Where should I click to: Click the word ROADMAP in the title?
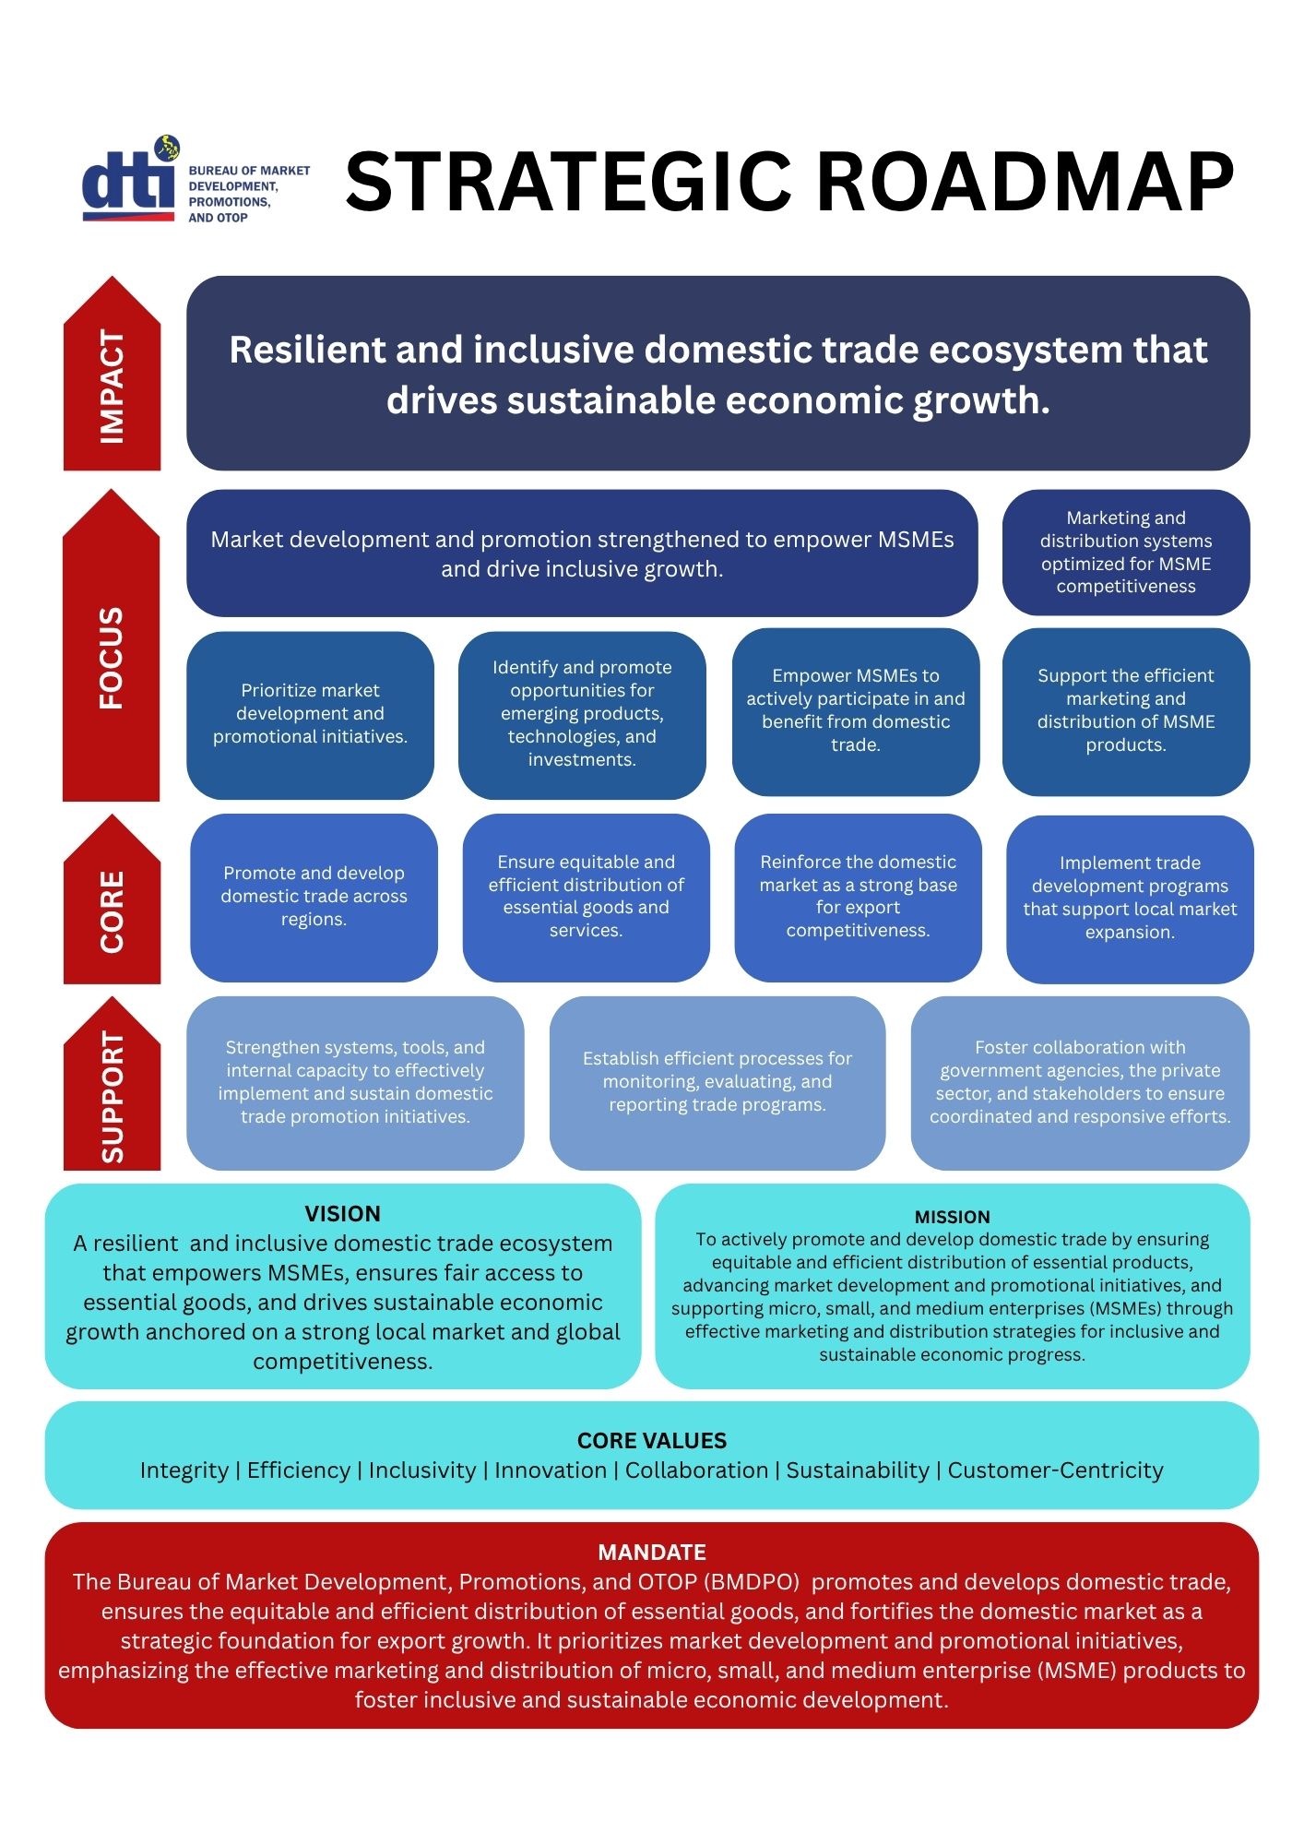1025,182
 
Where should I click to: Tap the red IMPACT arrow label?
112,374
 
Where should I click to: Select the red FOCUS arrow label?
111,646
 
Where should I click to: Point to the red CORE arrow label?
112,899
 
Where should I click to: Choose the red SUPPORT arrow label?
112,1084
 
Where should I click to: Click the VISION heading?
342,1214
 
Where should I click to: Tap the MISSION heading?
952,1217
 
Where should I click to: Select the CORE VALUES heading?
651,1441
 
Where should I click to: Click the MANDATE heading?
651,1553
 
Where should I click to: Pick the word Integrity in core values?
184,1470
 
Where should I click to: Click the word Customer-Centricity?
1055,1470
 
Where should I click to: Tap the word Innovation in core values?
551,1470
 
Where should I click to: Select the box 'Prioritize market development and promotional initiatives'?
310,715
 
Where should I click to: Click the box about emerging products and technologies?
582,715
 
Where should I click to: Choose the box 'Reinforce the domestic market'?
858,898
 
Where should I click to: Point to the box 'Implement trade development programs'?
1130,899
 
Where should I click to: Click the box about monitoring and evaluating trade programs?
717,1083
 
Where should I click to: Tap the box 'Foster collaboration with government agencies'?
1080,1083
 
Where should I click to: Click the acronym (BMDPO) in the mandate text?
751,1583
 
